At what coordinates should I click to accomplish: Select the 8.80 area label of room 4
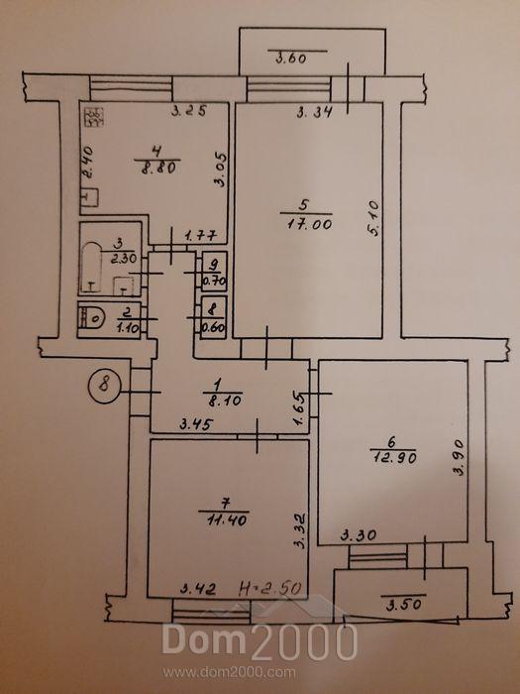(158, 168)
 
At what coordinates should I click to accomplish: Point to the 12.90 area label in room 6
(394, 458)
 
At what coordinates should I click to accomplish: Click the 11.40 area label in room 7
(227, 520)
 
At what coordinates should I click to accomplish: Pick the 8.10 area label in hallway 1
(224, 401)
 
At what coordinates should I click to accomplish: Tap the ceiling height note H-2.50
(270, 589)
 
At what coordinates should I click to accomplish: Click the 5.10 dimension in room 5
(373, 219)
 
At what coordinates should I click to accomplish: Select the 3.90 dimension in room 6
(460, 458)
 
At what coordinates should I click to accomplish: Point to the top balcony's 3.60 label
(291, 58)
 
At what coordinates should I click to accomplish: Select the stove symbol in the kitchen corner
(94, 117)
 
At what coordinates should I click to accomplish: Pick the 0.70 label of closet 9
(215, 281)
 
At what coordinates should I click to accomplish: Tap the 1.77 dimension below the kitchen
(200, 236)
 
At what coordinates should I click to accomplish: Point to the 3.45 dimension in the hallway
(197, 425)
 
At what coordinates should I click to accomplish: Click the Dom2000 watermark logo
(260, 640)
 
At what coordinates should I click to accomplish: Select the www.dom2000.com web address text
(229, 673)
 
